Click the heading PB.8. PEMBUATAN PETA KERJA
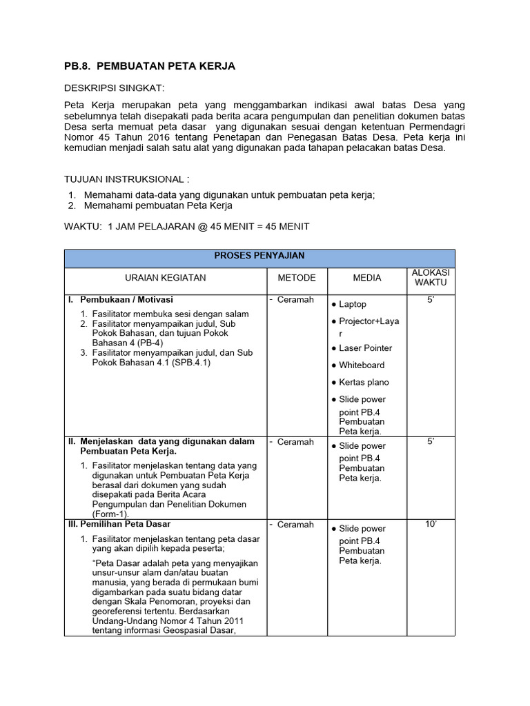pyautogui.click(x=150, y=66)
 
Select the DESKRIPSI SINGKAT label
pyautogui.click(x=114, y=88)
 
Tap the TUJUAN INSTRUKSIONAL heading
pyautogui.click(x=126, y=180)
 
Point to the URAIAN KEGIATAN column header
pyautogui.click(x=166, y=278)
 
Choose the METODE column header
pyautogui.click(x=297, y=278)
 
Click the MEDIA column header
pyautogui.click(x=367, y=278)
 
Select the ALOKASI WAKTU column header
pyautogui.click(x=431, y=278)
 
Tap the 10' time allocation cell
pyautogui.click(x=431, y=525)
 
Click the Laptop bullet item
pyautogui.click(x=353, y=304)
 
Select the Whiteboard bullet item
pyautogui.click(x=362, y=365)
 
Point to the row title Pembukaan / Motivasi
pyautogui.click(x=126, y=300)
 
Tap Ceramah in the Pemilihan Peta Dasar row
pyautogui.click(x=295, y=525)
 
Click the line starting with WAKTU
pyautogui.click(x=186, y=227)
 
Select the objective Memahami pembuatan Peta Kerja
pyautogui.click(x=158, y=205)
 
